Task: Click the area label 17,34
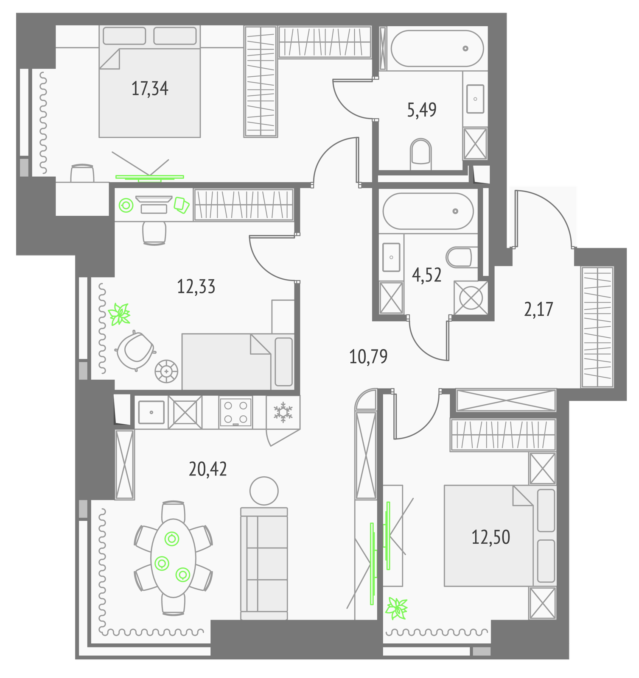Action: tap(150, 89)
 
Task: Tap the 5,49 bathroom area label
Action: tap(422, 110)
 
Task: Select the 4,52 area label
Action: tap(427, 275)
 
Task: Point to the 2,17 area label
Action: tap(538, 309)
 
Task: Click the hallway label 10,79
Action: tap(368, 357)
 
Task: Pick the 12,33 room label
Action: tap(196, 287)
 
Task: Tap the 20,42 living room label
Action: tap(207, 469)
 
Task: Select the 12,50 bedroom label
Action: tap(491, 537)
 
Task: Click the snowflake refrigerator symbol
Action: tap(283, 412)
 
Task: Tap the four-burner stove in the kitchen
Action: tap(235, 412)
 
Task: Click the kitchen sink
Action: tap(151, 412)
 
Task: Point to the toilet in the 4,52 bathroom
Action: tap(459, 257)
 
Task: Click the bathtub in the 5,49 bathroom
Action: tap(437, 48)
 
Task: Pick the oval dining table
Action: tap(173, 558)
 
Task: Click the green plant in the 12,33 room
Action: tap(119, 314)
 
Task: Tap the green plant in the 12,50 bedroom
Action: tap(396, 609)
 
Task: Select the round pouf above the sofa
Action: tap(264, 491)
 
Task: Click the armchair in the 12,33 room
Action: tap(135, 350)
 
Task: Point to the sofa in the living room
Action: tap(264, 564)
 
